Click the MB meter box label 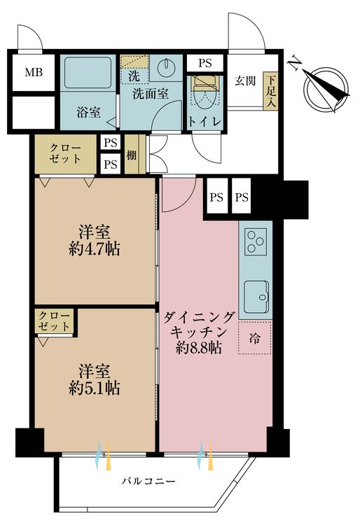click(34, 72)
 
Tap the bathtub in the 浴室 click(88, 73)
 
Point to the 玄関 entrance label click(245, 80)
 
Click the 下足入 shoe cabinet click(270, 90)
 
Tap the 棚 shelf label click(131, 155)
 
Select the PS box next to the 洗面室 click(205, 63)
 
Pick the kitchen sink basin click(256, 297)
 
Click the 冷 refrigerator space click(254, 337)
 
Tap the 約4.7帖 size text click(95, 249)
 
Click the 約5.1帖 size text click(95, 388)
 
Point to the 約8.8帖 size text click(199, 348)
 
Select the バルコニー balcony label click(148, 481)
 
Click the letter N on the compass click(295, 62)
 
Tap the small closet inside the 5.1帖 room click(54, 321)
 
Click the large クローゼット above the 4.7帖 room click(65, 154)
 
